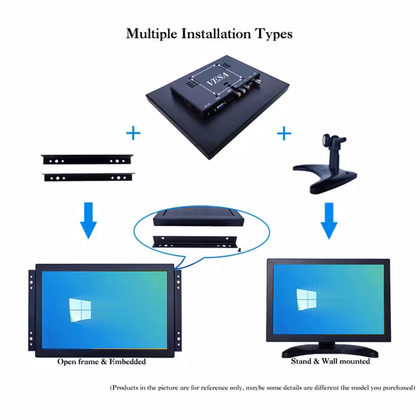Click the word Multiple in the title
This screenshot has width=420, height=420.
155,34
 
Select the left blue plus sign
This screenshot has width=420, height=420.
134,134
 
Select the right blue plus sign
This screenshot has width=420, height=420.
284,134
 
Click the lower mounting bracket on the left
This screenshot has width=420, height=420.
86,177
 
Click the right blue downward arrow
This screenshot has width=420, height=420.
329,221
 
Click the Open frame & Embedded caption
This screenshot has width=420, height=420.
112,361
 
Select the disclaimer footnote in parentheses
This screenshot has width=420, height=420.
262,387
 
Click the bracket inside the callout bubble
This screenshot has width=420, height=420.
198,241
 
